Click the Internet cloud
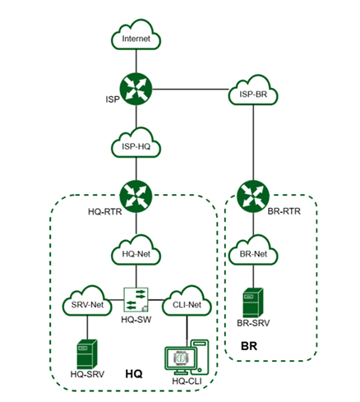[136, 35]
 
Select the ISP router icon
[136, 89]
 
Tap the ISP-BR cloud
[253, 90]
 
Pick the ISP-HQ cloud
[136, 143]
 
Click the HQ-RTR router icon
[136, 196]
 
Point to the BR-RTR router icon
[253, 196]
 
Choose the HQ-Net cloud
[136, 251]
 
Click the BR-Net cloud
[253, 251]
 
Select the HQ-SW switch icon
[136, 299]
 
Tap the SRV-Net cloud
[87, 301]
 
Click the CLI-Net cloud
[187, 301]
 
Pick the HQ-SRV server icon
[87, 354]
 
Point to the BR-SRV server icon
[253, 303]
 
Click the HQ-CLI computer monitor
[181, 360]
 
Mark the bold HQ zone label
[134, 374]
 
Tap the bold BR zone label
[249, 346]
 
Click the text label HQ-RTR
[105, 212]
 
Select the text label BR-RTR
[284, 211]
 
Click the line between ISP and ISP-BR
[191, 90]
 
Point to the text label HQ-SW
[136, 320]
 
